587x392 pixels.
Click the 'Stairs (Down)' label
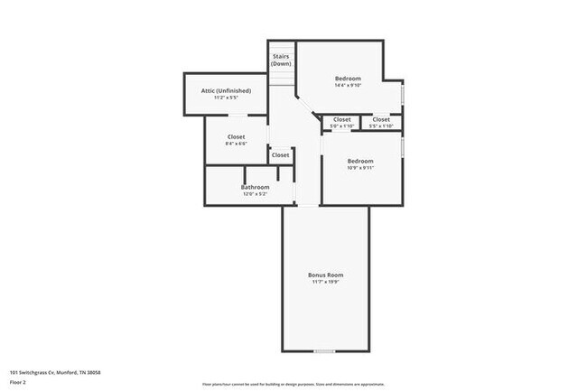[x=281, y=60]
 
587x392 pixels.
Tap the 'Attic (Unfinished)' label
[x=226, y=90]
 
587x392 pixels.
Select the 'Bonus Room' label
[x=326, y=275]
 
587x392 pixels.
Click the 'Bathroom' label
[x=256, y=187]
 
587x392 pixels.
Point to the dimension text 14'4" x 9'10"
[x=348, y=86]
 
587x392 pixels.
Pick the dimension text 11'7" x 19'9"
[x=326, y=283]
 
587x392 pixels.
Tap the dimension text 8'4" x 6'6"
[x=236, y=144]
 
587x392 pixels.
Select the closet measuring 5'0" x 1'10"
[x=342, y=122]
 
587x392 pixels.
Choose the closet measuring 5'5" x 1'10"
[x=381, y=122]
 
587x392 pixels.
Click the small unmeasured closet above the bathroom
[x=281, y=155]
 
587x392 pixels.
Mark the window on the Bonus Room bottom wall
[x=325, y=350]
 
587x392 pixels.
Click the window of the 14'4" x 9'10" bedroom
[x=402, y=94]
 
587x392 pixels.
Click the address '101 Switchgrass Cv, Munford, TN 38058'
[x=55, y=372]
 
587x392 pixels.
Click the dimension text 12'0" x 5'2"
[x=256, y=194]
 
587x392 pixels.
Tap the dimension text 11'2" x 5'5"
[x=226, y=98]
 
